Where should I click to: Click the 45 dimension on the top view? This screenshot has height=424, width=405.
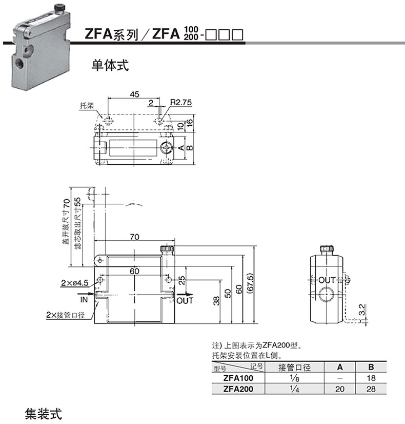coord(134,94)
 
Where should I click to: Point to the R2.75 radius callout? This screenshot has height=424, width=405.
coord(181,102)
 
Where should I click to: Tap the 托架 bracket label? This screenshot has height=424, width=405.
coord(87,105)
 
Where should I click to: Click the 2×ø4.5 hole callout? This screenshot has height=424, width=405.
coord(74,283)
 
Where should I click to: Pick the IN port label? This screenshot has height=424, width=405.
coord(84,299)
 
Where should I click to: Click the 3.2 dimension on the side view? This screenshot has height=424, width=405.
coord(362,310)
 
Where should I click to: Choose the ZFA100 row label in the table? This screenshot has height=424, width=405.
coord(238,378)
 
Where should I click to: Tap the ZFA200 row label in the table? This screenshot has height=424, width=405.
coord(238,389)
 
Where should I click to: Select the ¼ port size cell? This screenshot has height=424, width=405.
coord(294,389)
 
